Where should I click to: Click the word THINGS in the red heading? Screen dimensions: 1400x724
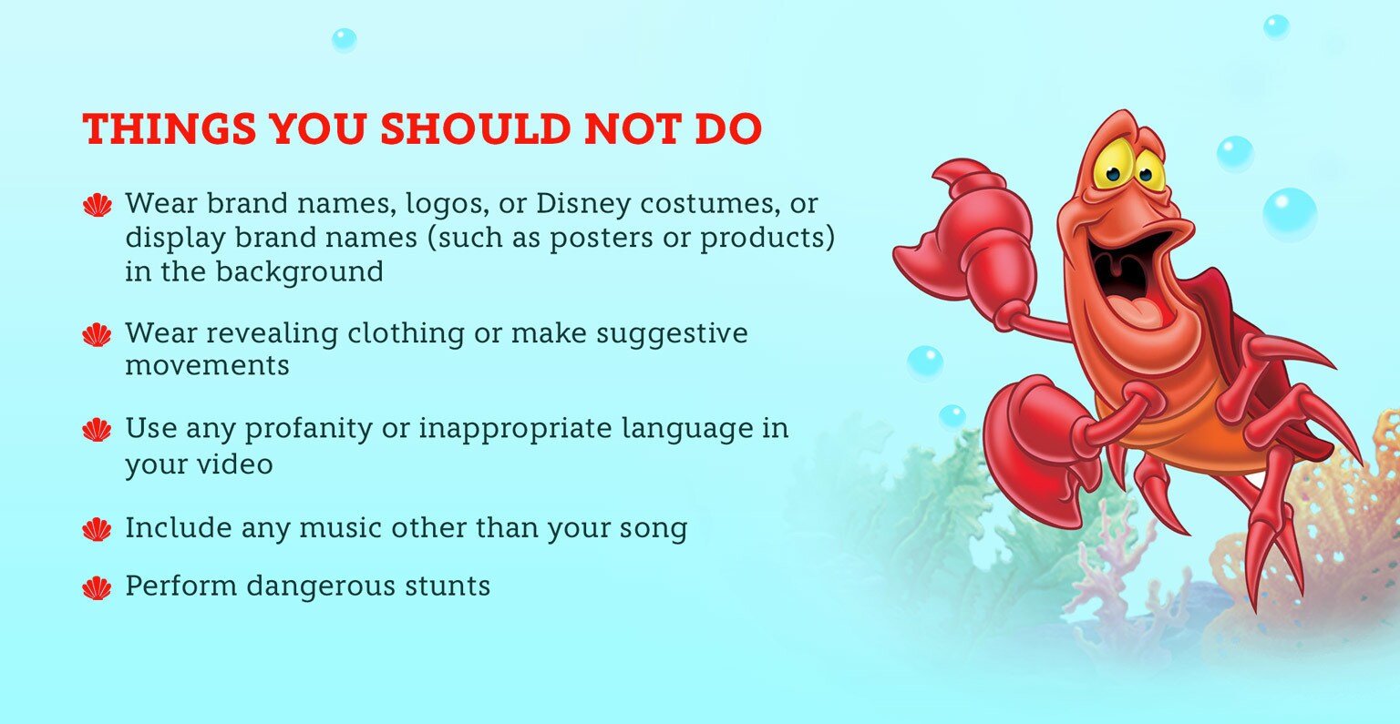(170, 128)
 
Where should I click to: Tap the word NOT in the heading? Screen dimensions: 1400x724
(633, 128)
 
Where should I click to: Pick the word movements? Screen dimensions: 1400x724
(207, 365)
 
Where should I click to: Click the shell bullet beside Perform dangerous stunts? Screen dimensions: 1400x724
(97, 588)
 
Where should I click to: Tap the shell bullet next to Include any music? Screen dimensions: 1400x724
(97, 530)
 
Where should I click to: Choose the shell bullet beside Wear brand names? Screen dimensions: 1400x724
(97, 205)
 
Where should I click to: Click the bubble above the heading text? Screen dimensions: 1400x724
(344, 40)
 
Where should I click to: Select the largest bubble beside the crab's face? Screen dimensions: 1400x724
(1290, 214)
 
